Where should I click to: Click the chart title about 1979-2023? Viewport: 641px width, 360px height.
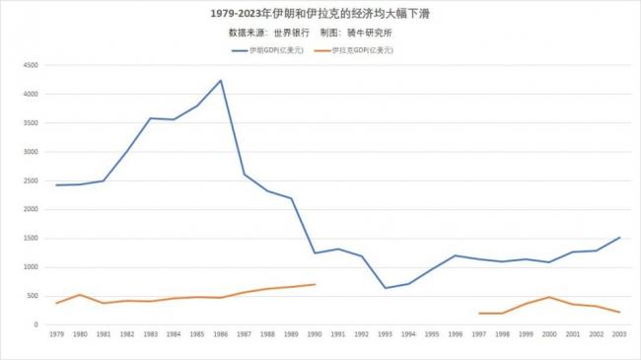[320, 14]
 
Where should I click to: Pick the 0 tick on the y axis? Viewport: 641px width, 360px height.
[36, 324]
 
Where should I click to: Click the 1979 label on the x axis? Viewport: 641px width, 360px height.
[56, 335]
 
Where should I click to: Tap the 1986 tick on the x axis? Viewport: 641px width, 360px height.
[220, 335]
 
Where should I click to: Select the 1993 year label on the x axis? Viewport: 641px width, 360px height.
[385, 335]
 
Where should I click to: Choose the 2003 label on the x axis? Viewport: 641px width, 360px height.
[619, 335]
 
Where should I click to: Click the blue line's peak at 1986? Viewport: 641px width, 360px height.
[220, 80]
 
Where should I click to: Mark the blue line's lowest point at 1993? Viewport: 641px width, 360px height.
[385, 288]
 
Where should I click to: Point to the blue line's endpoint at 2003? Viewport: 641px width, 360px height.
[619, 237]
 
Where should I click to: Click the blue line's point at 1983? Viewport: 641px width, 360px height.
[150, 118]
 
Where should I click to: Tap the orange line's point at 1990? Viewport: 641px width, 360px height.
[315, 284]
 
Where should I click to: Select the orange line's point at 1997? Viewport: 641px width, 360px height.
[478, 313]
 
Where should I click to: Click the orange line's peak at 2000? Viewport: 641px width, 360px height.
[549, 297]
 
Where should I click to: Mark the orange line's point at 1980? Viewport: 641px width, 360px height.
[80, 294]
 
